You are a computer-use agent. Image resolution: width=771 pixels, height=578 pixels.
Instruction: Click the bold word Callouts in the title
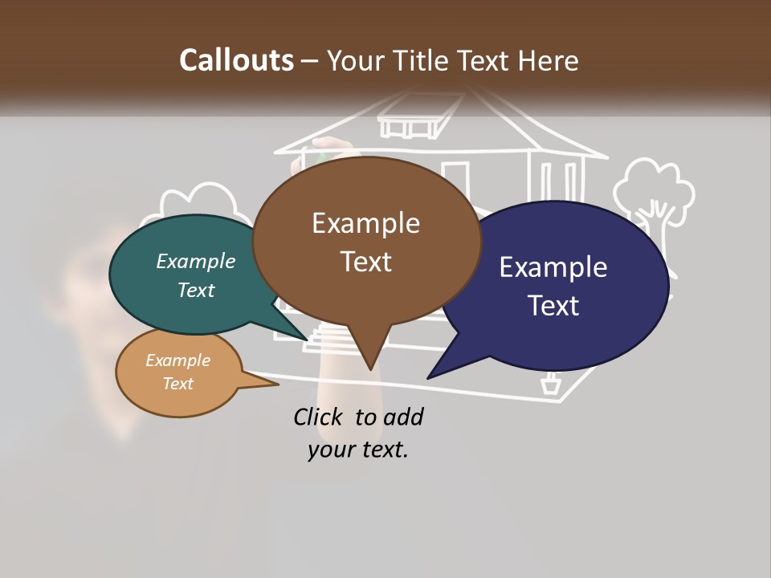pyautogui.click(x=236, y=60)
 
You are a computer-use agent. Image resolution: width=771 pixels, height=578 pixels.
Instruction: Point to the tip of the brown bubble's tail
pyautogui.click(x=371, y=369)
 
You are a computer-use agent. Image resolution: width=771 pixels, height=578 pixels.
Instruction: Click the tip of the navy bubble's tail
pyautogui.click(x=429, y=377)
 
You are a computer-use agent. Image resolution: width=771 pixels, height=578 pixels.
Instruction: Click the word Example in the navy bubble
pyautogui.click(x=553, y=267)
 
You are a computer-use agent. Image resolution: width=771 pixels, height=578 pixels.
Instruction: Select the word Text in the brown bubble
pyautogui.click(x=365, y=261)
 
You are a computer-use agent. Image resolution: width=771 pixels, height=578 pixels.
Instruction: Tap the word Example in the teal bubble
pyautogui.click(x=195, y=261)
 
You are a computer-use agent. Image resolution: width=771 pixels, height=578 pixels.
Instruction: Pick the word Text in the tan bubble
pyautogui.click(x=178, y=384)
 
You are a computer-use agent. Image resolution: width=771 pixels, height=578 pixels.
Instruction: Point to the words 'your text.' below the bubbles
pyautogui.click(x=357, y=449)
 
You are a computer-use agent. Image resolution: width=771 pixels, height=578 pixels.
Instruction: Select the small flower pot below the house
pyautogui.click(x=550, y=385)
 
